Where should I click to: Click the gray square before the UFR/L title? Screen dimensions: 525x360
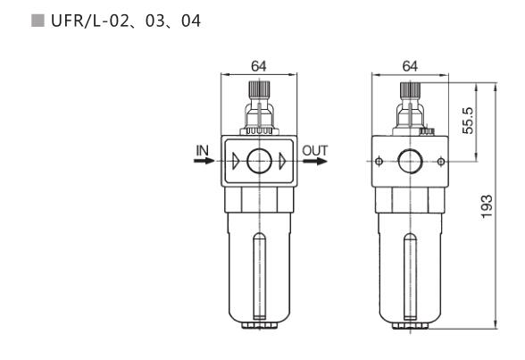point(37,21)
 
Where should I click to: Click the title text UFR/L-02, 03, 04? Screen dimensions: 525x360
point(126,21)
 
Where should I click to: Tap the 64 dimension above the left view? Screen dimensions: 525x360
point(259,66)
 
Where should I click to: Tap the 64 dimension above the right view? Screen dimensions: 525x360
point(410,66)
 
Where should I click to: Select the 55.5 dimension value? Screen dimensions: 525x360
point(468,121)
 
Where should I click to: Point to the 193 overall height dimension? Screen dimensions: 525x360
point(487,206)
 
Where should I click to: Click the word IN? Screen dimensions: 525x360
point(202,151)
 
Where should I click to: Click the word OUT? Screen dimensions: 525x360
point(315,151)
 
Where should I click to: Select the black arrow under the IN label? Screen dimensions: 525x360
point(204,161)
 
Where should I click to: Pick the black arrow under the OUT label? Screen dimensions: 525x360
point(315,162)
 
